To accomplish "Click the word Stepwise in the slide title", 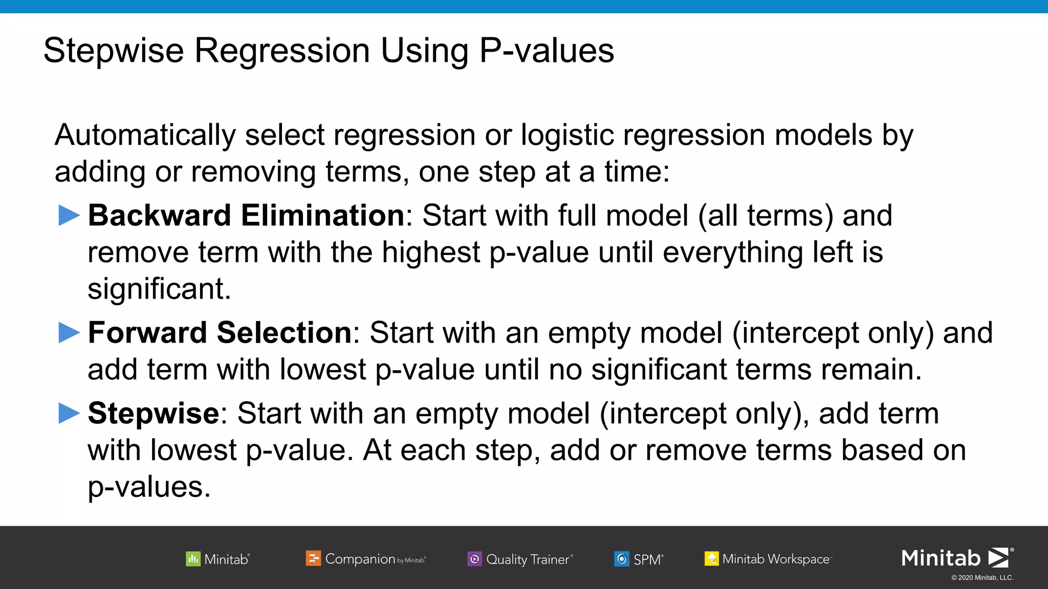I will [x=114, y=51].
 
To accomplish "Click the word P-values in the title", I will [x=547, y=51].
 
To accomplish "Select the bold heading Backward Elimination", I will [x=246, y=215].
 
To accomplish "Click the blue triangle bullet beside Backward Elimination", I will [x=69, y=215].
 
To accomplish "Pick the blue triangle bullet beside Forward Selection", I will [x=69, y=333].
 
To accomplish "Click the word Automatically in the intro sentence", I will [x=145, y=135].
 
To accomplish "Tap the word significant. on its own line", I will [x=159, y=289].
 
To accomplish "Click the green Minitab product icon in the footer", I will [x=193, y=559].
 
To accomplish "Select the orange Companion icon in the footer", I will [x=313, y=558].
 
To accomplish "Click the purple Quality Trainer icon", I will [x=474, y=559].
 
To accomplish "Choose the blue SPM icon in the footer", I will [x=621, y=559].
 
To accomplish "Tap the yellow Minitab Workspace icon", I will [x=711, y=558].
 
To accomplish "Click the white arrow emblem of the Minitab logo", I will [x=998, y=558].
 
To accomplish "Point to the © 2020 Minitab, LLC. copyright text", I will [x=982, y=578].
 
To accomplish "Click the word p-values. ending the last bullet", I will [x=149, y=487].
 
